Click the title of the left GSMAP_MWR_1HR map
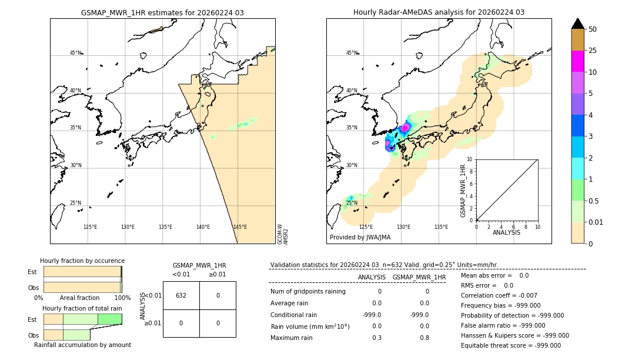162,12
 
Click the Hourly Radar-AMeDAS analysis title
439,12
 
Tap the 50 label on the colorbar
593,29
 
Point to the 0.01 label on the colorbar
596,222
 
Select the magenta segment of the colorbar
577,61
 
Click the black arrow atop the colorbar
577,24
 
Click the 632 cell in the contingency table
181,295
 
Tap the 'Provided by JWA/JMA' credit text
360,237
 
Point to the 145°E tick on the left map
240,227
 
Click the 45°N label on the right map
352,53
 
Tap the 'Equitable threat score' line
510,345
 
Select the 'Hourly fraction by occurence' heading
82,261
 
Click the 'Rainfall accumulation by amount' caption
82,345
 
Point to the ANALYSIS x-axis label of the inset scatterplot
506,232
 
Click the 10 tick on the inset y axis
470,159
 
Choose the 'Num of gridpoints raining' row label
308,291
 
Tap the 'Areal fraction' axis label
79,298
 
